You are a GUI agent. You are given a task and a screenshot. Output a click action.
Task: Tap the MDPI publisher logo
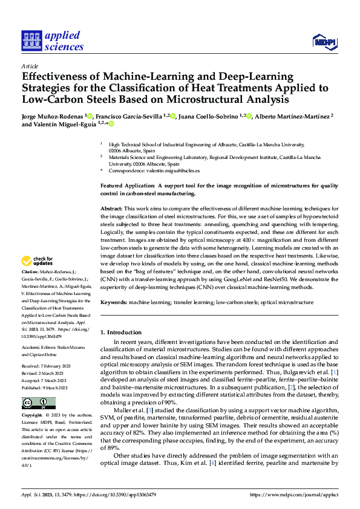pos(324,41)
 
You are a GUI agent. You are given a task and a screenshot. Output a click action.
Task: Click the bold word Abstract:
pos(112,207)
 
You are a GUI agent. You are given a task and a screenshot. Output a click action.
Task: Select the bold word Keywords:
pos(114,300)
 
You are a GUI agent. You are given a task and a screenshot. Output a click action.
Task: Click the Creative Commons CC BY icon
pos(39,403)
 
